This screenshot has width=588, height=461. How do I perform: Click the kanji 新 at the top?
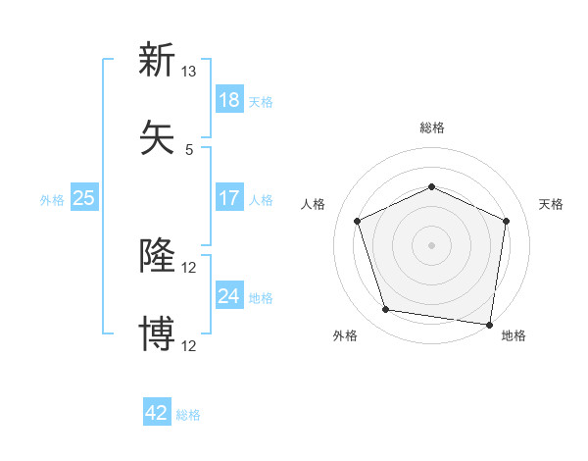point(157,60)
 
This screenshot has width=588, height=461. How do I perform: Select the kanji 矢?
point(157,136)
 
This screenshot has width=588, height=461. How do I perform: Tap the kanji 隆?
point(157,256)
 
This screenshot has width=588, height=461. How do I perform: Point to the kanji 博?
point(157,333)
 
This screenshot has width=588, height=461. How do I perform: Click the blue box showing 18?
point(228,99)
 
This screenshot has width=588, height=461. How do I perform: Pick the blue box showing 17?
point(228,198)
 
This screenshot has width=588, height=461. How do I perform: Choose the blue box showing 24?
point(228,295)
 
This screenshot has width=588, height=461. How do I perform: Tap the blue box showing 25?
point(83,198)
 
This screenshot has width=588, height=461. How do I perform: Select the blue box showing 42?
point(157,413)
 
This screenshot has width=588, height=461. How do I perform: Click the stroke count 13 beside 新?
point(188,72)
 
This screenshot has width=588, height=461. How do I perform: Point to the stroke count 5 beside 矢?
point(188,149)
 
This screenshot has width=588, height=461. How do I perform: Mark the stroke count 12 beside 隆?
point(188,268)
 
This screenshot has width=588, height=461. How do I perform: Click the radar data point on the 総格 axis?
point(431,186)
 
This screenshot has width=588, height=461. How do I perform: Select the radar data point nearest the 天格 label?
point(506,220)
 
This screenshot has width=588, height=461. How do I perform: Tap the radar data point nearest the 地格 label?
point(489,323)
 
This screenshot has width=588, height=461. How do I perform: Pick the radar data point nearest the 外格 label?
point(386,310)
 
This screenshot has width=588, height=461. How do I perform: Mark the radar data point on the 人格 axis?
point(357,220)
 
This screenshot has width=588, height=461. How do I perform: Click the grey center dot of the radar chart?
point(431,244)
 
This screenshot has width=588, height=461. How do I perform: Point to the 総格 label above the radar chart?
point(431,128)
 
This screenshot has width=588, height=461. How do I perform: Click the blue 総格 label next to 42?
point(188,415)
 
